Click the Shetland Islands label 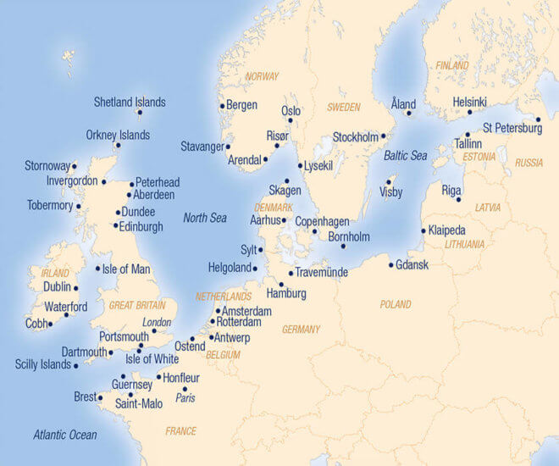pos(130,103)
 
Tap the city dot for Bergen pos(223,106)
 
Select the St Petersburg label pos(512,129)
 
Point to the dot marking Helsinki pos(469,112)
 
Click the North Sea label pos(205,219)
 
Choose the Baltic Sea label pos(406,156)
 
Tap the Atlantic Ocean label pos(65,435)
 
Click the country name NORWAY pos(262,76)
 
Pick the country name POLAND pos(396,303)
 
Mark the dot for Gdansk pos(391,265)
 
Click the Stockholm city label pos(355,136)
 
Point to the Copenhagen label pos(322,220)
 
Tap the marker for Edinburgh pos(116,225)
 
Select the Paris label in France pos(186,397)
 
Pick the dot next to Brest pos(100,397)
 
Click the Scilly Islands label pos(43,364)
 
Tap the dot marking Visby pos(389,180)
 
